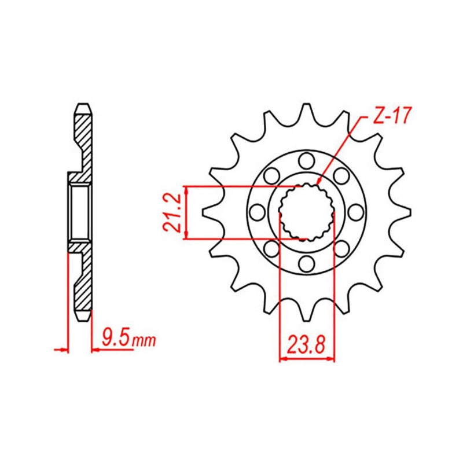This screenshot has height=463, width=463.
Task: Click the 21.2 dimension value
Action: (171, 212)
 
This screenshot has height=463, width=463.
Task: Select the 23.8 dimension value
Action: (306, 345)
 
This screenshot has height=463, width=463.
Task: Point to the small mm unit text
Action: (144, 340)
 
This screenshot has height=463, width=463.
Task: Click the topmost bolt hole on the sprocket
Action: (306, 160)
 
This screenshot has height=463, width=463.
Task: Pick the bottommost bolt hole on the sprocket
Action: (306, 264)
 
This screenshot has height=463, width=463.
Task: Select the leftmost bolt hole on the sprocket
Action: (257, 212)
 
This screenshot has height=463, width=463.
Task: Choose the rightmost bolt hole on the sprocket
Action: (356, 212)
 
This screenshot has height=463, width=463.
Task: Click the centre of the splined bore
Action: (307, 212)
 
